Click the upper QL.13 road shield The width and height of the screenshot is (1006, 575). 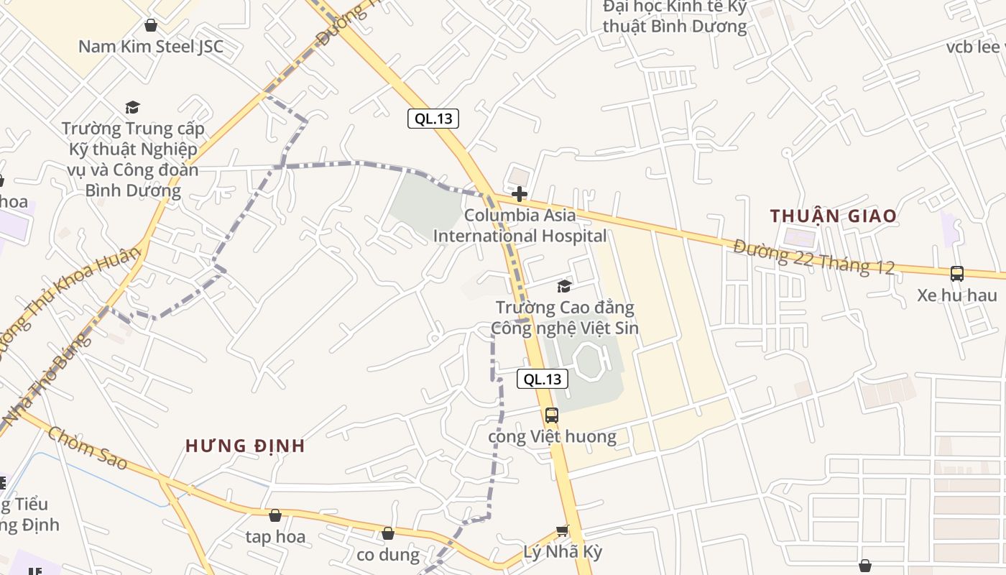point(433,119)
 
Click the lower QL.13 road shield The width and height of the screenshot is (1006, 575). point(543,379)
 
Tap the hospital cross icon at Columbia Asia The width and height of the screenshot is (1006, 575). point(519,194)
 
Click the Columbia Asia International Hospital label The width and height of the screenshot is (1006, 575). point(520,226)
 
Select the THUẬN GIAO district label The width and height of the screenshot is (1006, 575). point(834,216)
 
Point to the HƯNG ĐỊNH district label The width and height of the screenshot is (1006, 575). point(245,446)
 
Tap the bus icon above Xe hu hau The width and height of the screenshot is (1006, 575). point(957,273)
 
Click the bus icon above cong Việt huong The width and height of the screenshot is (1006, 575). point(551,415)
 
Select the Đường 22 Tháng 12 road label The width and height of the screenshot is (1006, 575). point(814,257)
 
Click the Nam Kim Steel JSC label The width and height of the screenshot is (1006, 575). point(151,47)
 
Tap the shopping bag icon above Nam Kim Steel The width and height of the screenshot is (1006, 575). point(151,25)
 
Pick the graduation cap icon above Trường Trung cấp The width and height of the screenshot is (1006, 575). point(132,108)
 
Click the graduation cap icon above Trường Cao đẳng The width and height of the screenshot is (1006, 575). point(565,286)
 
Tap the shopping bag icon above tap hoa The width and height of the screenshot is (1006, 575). point(274,515)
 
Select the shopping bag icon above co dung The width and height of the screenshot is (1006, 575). point(388,533)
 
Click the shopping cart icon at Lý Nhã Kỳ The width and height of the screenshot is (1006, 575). point(562,531)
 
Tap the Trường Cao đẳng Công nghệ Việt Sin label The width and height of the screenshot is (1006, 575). point(565,318)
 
